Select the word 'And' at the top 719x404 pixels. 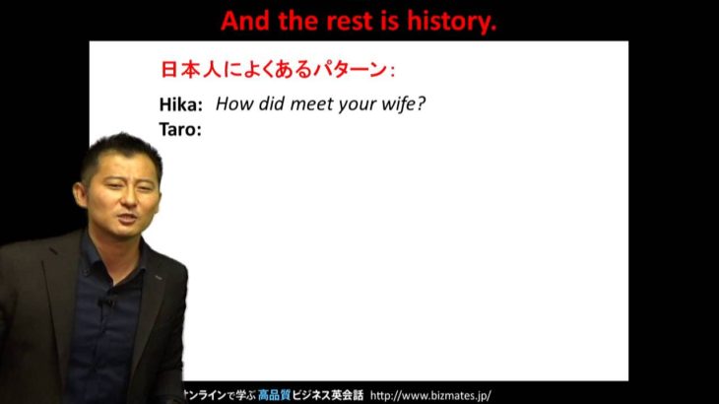pyautogui.click(x=245, y=21)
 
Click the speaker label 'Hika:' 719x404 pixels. pyautogui.click(x=180, y=104)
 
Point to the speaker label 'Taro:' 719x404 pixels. pyautogui.click(x=180, y=129)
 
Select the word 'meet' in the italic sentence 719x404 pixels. pyautogui.click(x=312, y=103)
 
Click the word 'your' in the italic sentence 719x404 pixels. pyautogui.click(x=356, y=105)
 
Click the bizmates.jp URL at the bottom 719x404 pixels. pyautogui.click(x=430, y=395)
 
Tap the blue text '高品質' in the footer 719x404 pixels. pyautogui.click(x=274, y=395)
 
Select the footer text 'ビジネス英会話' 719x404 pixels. pyautogui.click(x=327, y=395)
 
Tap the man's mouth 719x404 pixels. pyautogui.click(x=127, y=218)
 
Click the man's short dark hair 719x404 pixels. pyautogui.click(x=121, y=152)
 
